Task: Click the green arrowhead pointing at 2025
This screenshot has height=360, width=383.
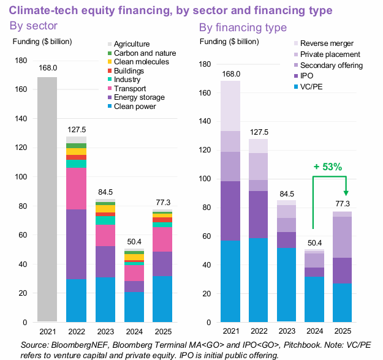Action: point(346,193)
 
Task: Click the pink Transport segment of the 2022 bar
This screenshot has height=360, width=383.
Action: point(77,188)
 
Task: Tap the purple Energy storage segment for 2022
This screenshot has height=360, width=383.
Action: point(77,244)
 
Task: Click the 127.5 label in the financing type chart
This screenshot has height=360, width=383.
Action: point(258,132)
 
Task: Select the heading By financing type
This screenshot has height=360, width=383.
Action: point(243,28)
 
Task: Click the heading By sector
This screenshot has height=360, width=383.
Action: point(34,26)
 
